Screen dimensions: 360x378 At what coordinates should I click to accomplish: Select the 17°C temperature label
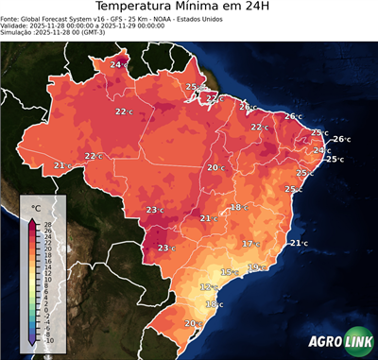[x=250, y=244]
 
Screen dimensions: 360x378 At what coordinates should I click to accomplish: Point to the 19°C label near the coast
[x=256, y=267]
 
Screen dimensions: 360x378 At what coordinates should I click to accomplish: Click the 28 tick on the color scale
[x=47, y=224]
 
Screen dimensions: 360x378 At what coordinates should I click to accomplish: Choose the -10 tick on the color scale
[x=48, y=340]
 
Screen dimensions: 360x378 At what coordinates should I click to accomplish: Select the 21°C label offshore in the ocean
[x=299, y=243]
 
